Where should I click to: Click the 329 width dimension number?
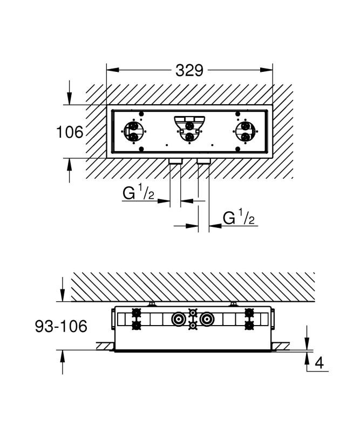189,70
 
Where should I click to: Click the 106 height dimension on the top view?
70,131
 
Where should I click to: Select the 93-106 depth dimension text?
61,326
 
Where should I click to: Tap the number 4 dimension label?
319,363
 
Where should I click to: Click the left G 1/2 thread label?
139,193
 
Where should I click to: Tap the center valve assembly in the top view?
189,129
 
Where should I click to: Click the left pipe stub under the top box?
175,161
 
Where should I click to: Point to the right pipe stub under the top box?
203,161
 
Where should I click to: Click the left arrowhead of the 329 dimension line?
111,70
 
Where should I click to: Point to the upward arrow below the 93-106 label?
63,356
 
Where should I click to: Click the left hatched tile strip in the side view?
105,346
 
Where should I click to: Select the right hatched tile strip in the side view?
281,346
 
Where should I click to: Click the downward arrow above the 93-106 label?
63,295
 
